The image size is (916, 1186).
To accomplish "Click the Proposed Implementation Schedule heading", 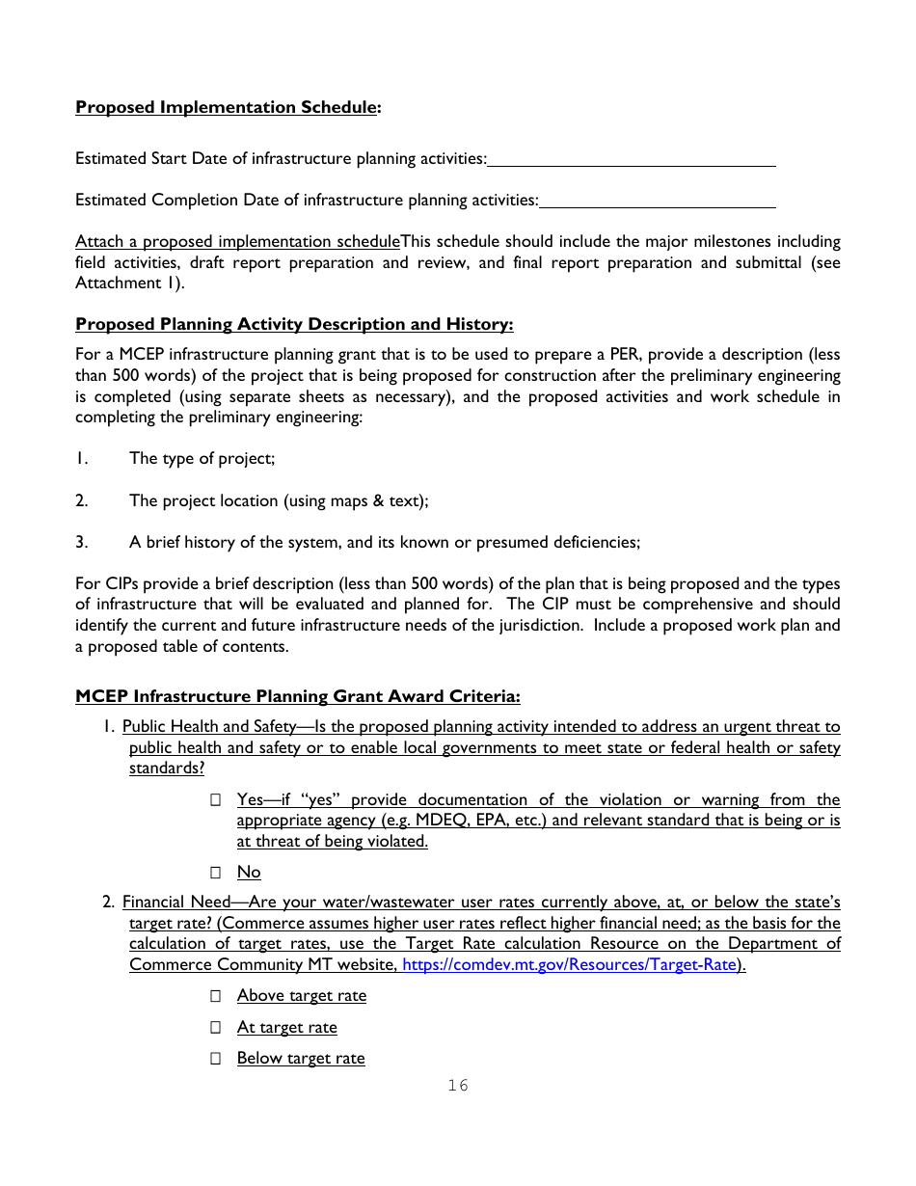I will pos(228,107).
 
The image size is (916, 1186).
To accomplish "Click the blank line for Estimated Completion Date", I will pos(658,202).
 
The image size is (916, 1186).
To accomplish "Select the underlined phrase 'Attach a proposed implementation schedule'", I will pos(237,241).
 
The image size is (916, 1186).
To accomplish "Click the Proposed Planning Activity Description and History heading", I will pos(294,324).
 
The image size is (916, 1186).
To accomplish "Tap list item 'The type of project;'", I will pos(202,459).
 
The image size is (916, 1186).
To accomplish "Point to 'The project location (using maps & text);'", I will pos(279,500).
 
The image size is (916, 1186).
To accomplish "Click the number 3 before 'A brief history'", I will pos(81,542).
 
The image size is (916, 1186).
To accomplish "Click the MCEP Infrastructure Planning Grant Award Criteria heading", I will pos(297,696).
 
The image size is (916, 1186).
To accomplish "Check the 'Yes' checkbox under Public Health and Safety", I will pos(216,800).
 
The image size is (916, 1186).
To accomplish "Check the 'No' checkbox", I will pos(216,873).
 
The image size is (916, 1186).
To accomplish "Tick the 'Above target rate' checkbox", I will pos(216,996).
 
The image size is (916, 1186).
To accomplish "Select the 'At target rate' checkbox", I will pos(216,1028).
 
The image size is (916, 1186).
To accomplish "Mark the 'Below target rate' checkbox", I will pos(216,1059).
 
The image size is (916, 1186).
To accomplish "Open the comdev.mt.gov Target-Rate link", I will pos(569,964).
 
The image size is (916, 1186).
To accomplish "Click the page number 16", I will pos(458,1086).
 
